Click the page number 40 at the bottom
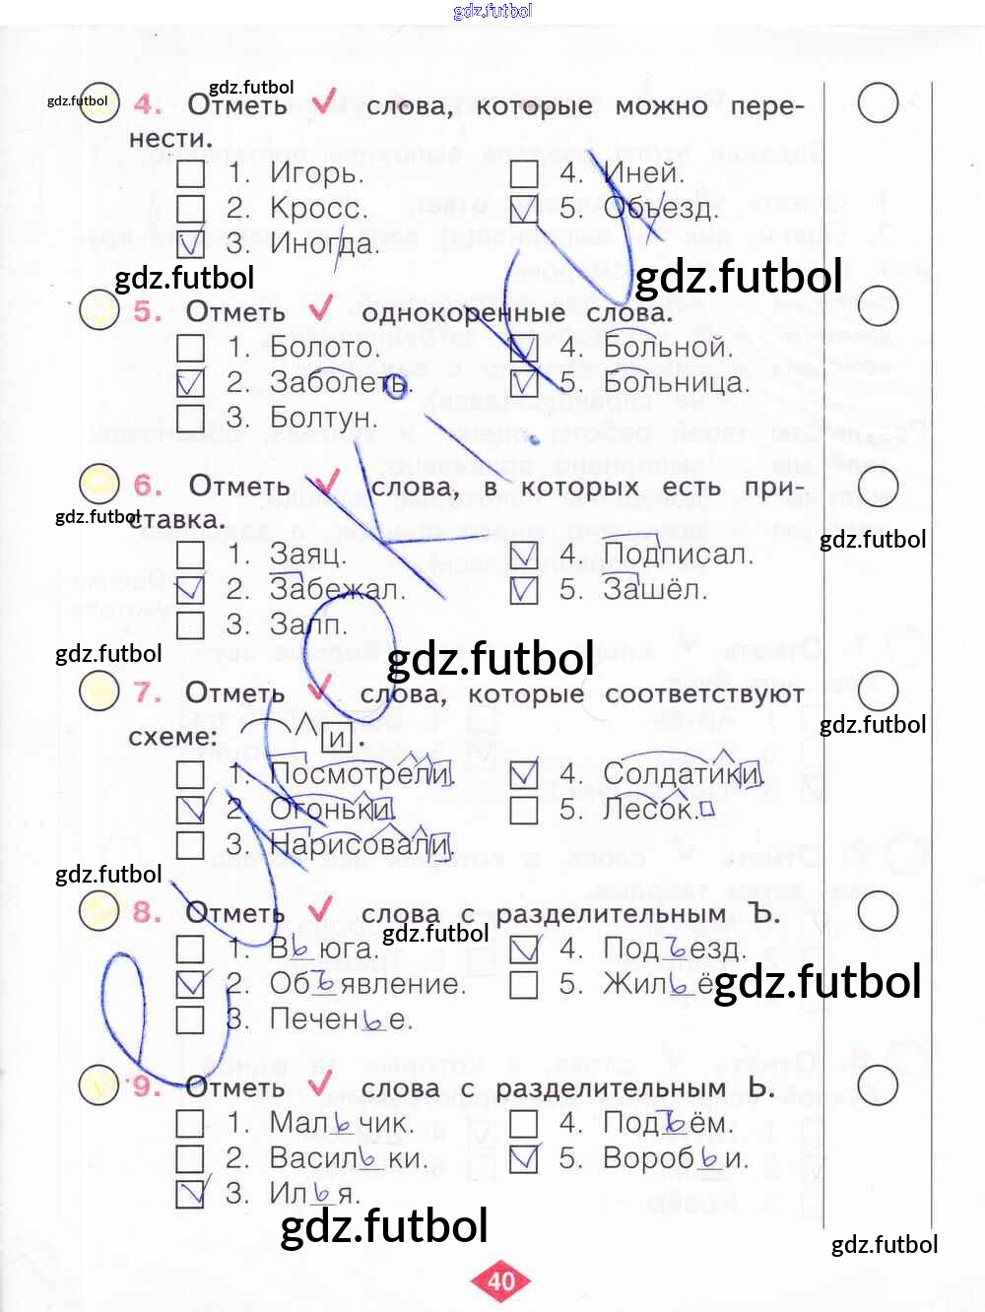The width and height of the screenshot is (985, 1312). (x=501, y=1280)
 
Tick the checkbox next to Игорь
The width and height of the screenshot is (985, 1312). (x=190, y=174)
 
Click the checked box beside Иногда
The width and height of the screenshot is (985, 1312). (x=190, y=243)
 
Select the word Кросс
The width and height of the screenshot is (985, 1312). (x=318, y=209)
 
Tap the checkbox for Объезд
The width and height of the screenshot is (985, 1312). (x=524, y=209)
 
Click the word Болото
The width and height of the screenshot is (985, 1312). (x=324, y=348)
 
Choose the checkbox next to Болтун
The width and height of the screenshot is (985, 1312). (x=190, y=418)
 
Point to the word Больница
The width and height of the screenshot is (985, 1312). (x=676, y=382)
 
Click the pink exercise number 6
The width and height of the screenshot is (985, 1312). (x=148, y=485)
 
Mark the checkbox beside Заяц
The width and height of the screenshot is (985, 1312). (x=190, y=555)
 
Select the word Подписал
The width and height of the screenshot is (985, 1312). (x=678, y=555)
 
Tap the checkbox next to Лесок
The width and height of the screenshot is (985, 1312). (x=524, y=810)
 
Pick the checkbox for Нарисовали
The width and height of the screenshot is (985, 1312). (x=190, y=844)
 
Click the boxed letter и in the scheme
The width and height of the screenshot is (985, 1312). (x=338, y=737)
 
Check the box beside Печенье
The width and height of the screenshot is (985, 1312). (x=190, y=1019)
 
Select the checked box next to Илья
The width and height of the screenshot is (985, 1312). (x=190, y=1193)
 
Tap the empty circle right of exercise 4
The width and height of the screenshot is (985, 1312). (x=877, y=102)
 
